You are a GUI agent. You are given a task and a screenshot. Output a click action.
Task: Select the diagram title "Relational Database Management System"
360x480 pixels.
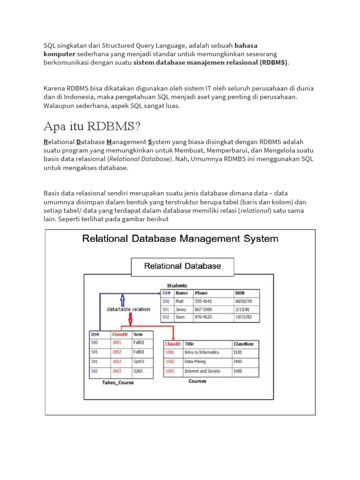pos(180,239)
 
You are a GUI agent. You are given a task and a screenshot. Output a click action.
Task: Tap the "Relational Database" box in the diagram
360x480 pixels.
pos(182,266)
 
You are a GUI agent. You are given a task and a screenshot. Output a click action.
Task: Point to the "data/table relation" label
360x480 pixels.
pos(128,309)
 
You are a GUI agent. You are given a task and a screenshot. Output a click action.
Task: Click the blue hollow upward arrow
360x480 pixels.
pos(123,300)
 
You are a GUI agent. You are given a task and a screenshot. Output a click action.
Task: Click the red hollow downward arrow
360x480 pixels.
pos(130,318)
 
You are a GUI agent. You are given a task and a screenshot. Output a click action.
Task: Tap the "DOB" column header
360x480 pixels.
pos(240,293)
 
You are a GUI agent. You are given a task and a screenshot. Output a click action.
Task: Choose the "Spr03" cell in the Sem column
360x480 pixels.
pos(139,361)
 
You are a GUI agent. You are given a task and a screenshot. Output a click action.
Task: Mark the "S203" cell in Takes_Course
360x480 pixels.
pos(138,371)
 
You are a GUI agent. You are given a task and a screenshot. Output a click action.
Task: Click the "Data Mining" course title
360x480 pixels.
pos(195,362)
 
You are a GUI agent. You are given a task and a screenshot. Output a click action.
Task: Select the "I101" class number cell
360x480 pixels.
pos(238,352)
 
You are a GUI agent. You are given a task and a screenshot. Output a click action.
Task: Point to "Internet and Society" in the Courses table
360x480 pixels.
pos(202,371)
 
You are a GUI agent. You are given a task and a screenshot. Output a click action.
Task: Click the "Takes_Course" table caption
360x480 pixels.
pos(118,382)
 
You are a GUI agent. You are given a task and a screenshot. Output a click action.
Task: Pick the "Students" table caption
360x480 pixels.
pos(177,285)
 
